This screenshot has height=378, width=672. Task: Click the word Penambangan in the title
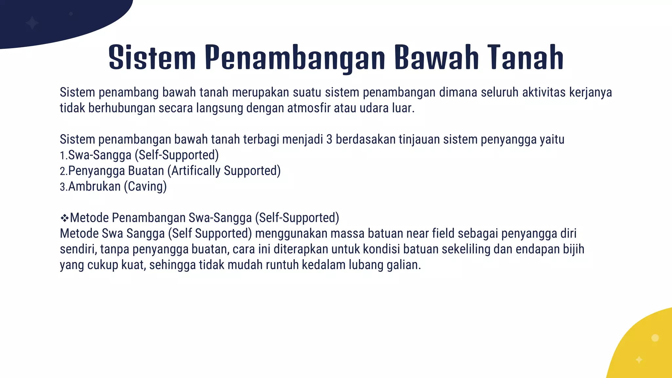tap(295, 58)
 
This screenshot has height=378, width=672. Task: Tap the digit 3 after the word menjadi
tap(329, 139)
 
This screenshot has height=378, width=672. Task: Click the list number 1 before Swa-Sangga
tap(62, 156)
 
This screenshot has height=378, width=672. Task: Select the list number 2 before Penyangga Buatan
tap(63, 171)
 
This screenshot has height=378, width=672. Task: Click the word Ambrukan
tap(94, 187)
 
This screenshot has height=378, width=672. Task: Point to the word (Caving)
tap(145, 187)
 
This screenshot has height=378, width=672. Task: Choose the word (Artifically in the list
tap(194, 171)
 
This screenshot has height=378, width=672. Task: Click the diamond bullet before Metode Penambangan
tap(64, 218)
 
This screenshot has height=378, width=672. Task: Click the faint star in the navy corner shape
tap(32, 23)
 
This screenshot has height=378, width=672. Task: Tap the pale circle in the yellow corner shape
tap(655, 338)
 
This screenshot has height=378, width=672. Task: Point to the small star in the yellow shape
tap(639, 360)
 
